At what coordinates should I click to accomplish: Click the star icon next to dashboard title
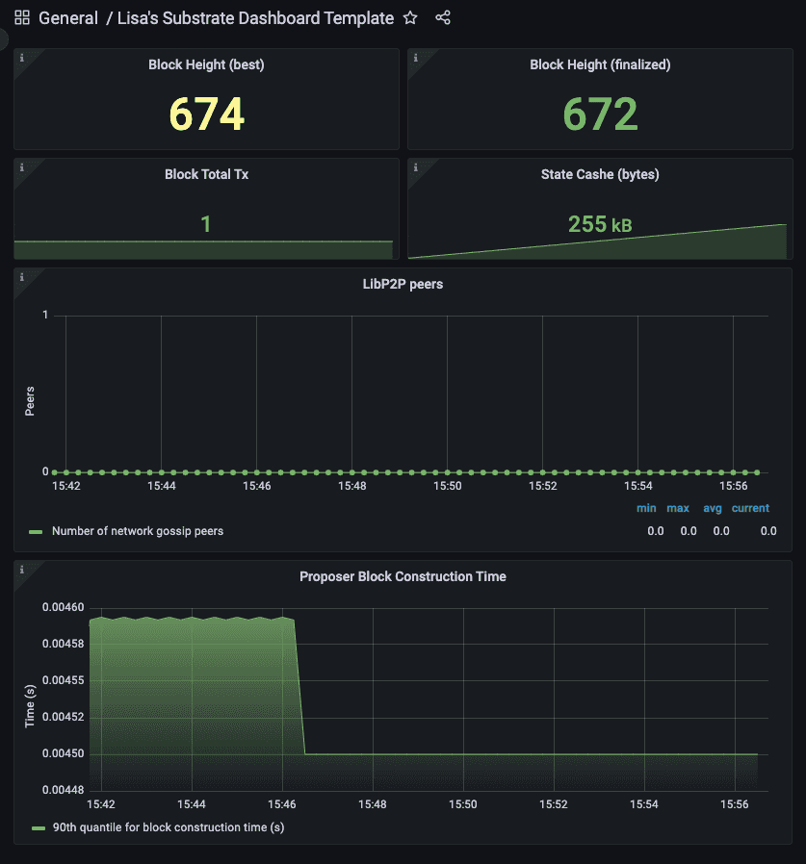(410, 18)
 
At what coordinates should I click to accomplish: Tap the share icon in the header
(443, 18)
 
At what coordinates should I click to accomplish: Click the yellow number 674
(206, 114)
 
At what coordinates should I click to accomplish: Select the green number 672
(600, 114)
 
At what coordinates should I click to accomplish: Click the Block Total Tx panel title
(205, 174)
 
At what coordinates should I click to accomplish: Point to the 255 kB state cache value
(600, 224)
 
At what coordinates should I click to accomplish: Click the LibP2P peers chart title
(403, 285)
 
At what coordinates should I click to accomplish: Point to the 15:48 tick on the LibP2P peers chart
(352, 487)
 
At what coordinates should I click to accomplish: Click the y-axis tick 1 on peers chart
(45, 316)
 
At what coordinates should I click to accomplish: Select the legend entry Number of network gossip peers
(137, 531)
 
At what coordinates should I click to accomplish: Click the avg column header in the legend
(713, 508)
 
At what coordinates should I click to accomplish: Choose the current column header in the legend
(750, 508)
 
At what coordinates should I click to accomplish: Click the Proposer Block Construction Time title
(403, 576)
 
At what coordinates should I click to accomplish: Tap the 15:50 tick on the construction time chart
(463, 803)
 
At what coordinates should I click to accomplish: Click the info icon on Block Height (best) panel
(22, 58)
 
